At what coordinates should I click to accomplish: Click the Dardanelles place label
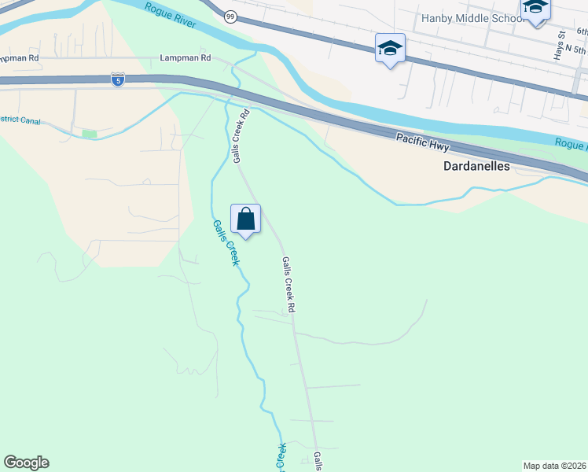476,167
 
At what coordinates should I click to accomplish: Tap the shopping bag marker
245,219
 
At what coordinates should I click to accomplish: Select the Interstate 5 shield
116,80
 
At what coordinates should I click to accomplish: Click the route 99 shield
230,17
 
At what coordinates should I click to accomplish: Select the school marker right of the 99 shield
390,49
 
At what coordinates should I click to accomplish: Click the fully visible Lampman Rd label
186,57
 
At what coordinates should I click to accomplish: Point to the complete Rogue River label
170,14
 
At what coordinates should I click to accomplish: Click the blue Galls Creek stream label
224,242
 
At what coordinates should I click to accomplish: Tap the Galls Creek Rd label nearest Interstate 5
241,136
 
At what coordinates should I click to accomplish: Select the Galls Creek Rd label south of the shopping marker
288,284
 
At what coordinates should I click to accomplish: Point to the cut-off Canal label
20,121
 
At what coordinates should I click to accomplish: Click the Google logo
26,463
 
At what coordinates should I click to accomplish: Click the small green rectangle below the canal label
89,135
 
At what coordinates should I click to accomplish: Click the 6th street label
582,31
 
